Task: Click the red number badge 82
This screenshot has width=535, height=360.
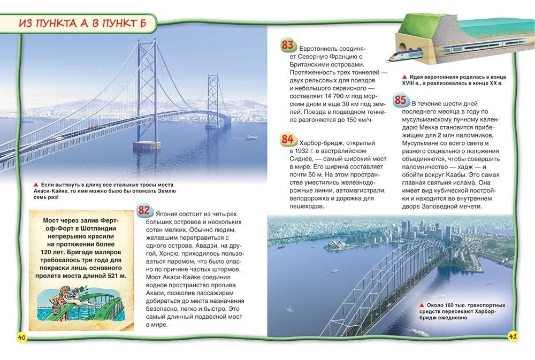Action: [144, 210]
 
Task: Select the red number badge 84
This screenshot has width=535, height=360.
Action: [287, 140]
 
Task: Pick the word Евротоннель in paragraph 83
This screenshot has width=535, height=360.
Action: [319, 48]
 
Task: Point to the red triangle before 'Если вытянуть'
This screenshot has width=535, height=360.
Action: [36, 183]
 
